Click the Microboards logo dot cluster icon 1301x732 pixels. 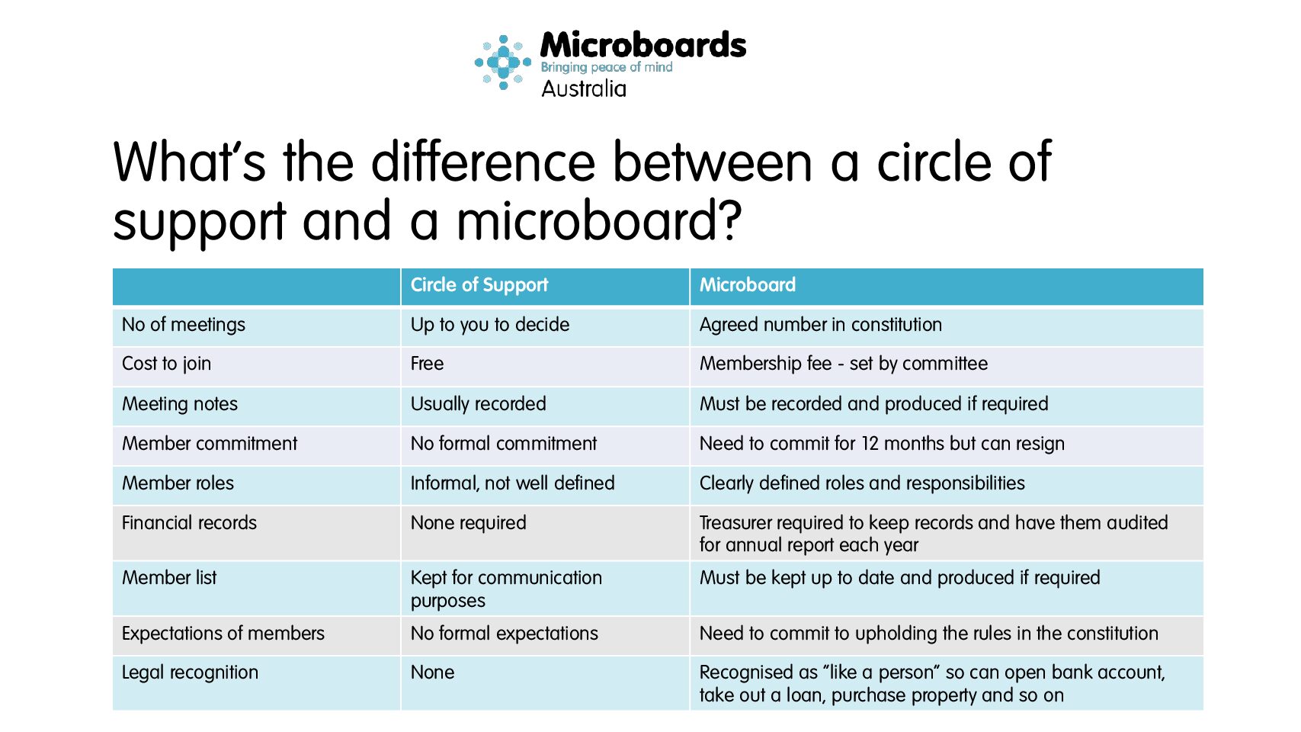(503, 63)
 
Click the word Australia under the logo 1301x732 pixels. (584, 89)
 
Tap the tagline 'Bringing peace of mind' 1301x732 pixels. (607, 67)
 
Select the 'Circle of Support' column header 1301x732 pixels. (479, 284)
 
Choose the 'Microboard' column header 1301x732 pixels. (748, 284)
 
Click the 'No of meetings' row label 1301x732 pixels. (184, 325)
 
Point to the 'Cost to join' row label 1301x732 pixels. (167, 364)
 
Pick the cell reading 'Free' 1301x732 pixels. (427, 364)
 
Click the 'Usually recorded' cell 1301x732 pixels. (479, 404)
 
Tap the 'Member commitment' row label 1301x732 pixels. (210, 443)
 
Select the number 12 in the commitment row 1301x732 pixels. (870, 443)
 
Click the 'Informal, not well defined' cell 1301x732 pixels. (512, 483)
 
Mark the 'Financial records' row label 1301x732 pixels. (189, 523)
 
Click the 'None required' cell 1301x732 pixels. (469, 523)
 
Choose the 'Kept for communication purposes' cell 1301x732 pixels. (507, 589)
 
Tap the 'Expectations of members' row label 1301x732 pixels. (223, 633)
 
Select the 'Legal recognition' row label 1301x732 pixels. (190, 673)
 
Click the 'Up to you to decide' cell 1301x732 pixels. (490, 325)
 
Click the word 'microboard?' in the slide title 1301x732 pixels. (599, 221)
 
